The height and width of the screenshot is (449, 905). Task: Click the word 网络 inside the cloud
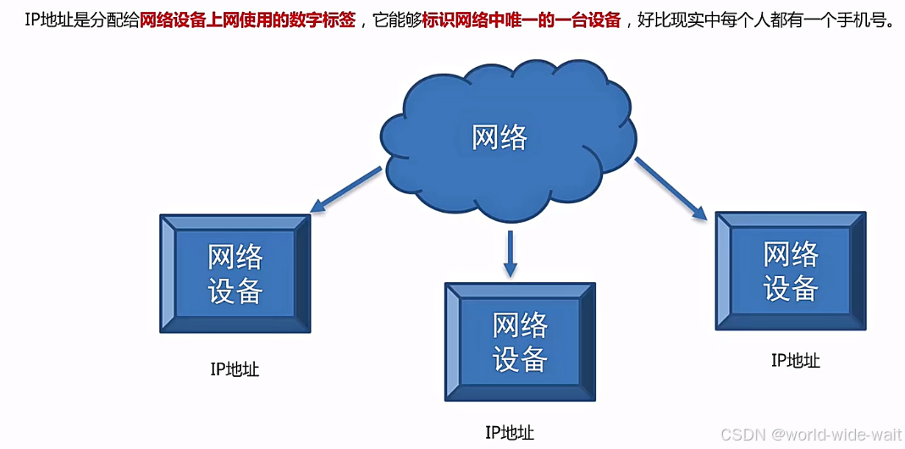tap(499, 136)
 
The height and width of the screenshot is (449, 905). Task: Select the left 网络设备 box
tap(235, 273)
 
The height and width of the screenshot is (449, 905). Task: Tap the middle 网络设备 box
tap(520, 341)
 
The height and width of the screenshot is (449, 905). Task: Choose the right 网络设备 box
tap(791, 270)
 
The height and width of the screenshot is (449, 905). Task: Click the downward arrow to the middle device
tap(510, 254)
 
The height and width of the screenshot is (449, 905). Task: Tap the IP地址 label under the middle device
tap(510, 433)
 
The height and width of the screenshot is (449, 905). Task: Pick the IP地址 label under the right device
tap(795, 360)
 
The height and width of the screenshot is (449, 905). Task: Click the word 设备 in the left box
tap(235, 291)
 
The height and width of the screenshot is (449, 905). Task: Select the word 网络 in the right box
tap(791, 253)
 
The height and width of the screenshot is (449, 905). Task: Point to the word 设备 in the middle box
tap(520, 359)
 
